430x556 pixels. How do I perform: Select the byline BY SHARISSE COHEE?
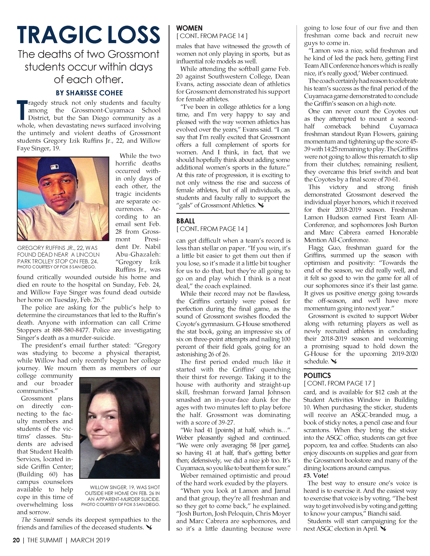click(89, 93)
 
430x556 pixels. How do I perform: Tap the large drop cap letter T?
click(22, 110)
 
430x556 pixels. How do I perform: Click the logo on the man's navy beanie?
click(54, 167)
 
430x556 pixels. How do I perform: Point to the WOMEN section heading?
click(189, 28)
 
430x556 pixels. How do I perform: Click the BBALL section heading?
click(185, 221)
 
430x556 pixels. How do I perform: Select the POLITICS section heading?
click(317, 376)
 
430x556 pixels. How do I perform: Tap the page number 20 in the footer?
click(16, 540)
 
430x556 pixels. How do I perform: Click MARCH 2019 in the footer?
click(90, 540)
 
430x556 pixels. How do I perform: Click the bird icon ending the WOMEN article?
click(261, 205)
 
